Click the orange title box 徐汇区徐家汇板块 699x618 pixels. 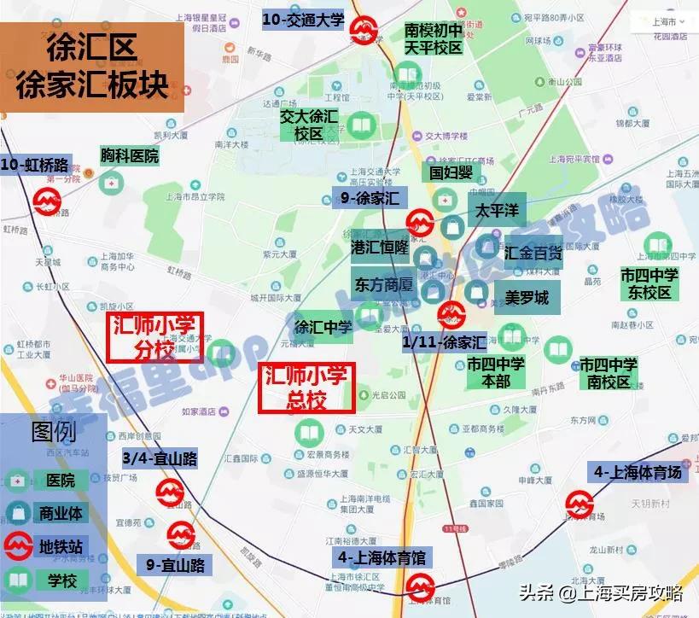(93, 67)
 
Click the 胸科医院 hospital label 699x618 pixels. (129, 155)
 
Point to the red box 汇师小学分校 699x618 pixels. (155, 337)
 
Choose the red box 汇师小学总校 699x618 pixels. (306, 388)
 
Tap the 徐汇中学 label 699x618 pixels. (323, 326)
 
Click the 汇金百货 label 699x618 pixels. (533, 253)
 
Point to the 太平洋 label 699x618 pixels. (497, 210)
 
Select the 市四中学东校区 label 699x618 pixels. (649, 283)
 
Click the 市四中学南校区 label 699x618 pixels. (609, 373)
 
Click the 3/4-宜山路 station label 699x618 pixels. (160, 459)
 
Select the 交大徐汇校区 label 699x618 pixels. (309, 125)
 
